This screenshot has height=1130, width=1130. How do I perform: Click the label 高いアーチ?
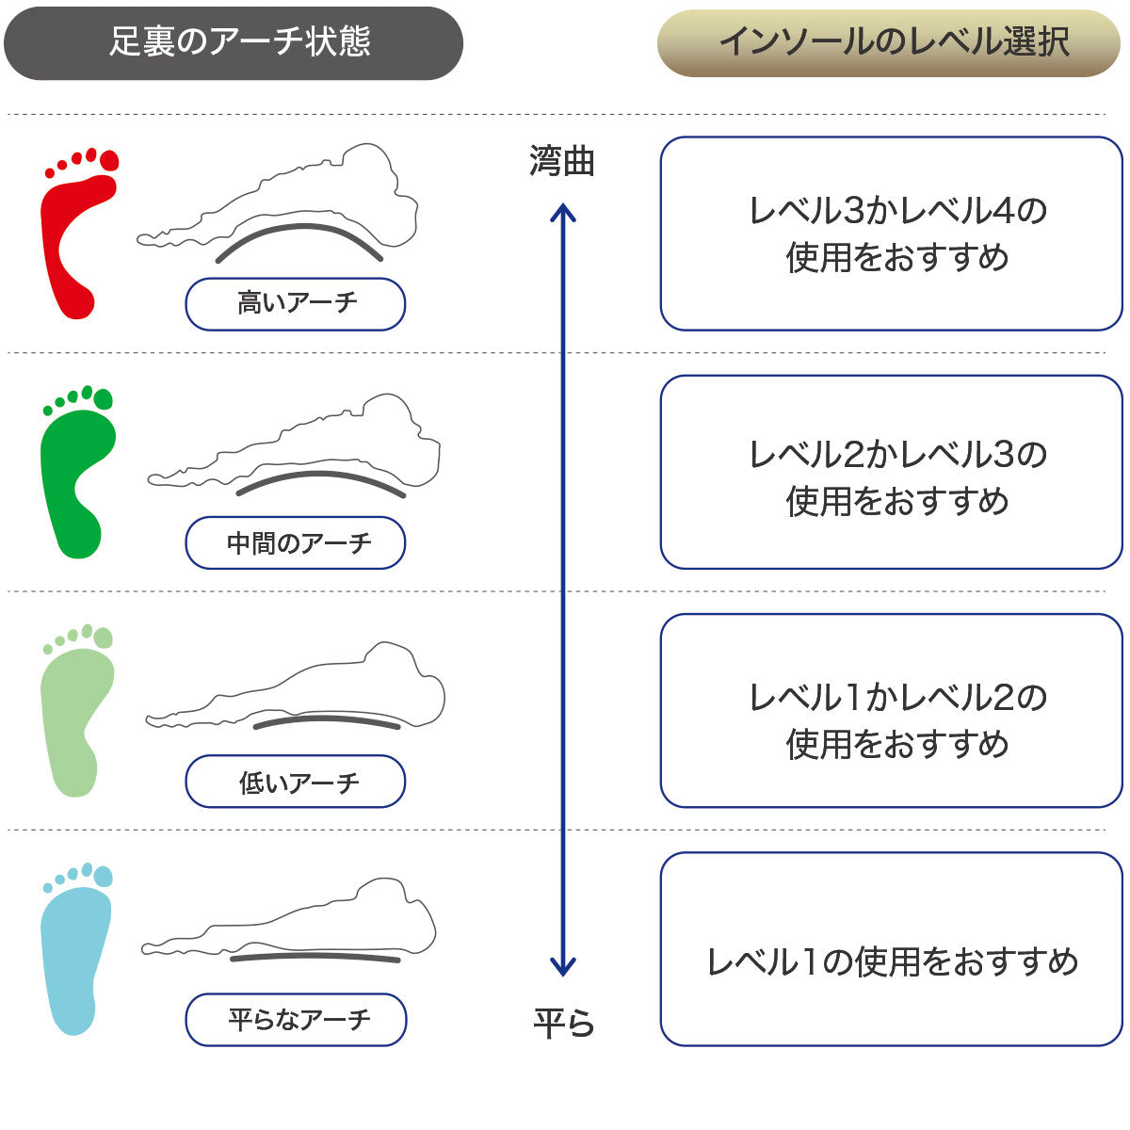(296, 304)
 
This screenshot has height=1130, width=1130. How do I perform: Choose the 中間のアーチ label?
(296, 543)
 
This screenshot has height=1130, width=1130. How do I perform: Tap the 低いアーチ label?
(296, 782)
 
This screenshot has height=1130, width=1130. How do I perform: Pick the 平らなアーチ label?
(296, 1020)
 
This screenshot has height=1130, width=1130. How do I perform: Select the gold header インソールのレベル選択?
(889, 42)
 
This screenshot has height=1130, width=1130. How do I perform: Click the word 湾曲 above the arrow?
(562, 161)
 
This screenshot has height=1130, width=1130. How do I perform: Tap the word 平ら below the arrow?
(563, 1023)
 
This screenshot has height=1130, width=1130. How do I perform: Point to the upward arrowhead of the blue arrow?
(563, 212)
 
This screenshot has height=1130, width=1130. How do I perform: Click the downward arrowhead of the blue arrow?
(563, 967)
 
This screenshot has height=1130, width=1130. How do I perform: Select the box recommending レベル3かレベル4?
(891, 234)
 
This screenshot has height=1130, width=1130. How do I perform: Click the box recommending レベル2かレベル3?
(891, 473)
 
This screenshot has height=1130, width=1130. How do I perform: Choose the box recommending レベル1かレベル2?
(891, 711)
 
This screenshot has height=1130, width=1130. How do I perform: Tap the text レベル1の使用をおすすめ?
(891, 961)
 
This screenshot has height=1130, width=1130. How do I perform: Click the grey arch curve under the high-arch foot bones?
(299, 229)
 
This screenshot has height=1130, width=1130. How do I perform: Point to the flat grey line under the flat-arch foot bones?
(315, 957)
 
